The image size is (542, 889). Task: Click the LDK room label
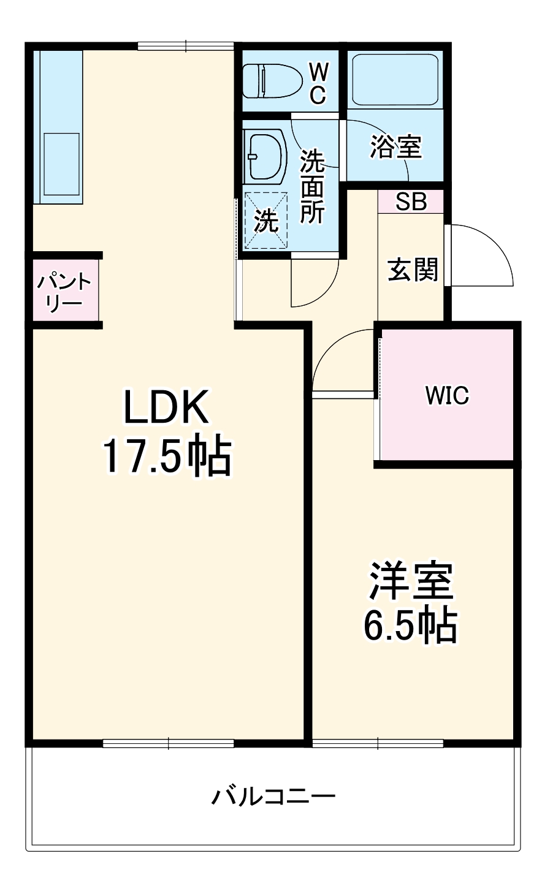[166, 407]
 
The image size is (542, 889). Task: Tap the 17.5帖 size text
[166, 456]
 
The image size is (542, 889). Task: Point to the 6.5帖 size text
[410, 625]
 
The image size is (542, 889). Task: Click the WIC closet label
[447, 396]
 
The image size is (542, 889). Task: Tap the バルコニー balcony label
[273, 796]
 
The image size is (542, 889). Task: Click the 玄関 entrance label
[413, 269]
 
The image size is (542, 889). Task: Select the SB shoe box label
[410, 202]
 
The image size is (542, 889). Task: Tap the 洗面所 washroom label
[312, 186]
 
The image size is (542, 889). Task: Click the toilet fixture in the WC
[272, 81]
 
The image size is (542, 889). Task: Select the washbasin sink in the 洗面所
[265, 156]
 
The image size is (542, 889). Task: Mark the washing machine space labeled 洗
[265, 221]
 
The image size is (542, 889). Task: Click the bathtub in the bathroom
[395, 78]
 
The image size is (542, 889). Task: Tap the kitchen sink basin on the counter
[61, 165]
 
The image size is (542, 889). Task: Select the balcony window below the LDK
[168, 743]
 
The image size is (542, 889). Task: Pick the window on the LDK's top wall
[185, 45]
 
